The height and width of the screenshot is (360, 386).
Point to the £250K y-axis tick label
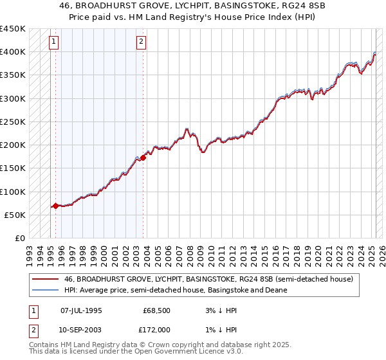[x=12, y=122]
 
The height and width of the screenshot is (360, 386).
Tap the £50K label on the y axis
[x=15, y=215]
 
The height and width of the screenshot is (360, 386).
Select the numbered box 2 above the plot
[x=141, y=42]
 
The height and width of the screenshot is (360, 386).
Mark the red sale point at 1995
[x=56, y=206]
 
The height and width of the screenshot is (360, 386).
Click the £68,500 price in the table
[x=156, y=310]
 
